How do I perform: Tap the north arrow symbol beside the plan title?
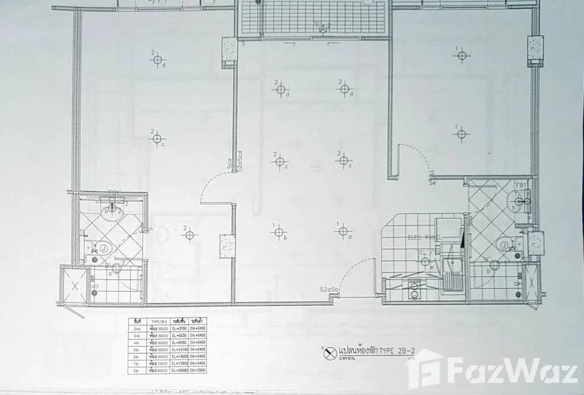pos(328,354)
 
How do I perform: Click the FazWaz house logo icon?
pos(425,368)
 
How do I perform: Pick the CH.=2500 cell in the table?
pos(198,370)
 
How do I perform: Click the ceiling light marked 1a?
pos(342,231)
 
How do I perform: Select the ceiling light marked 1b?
pos(279,232)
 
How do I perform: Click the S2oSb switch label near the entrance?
pos(330,291)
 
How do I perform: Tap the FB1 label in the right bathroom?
pos(520,186)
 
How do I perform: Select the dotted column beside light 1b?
pos(228,245)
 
